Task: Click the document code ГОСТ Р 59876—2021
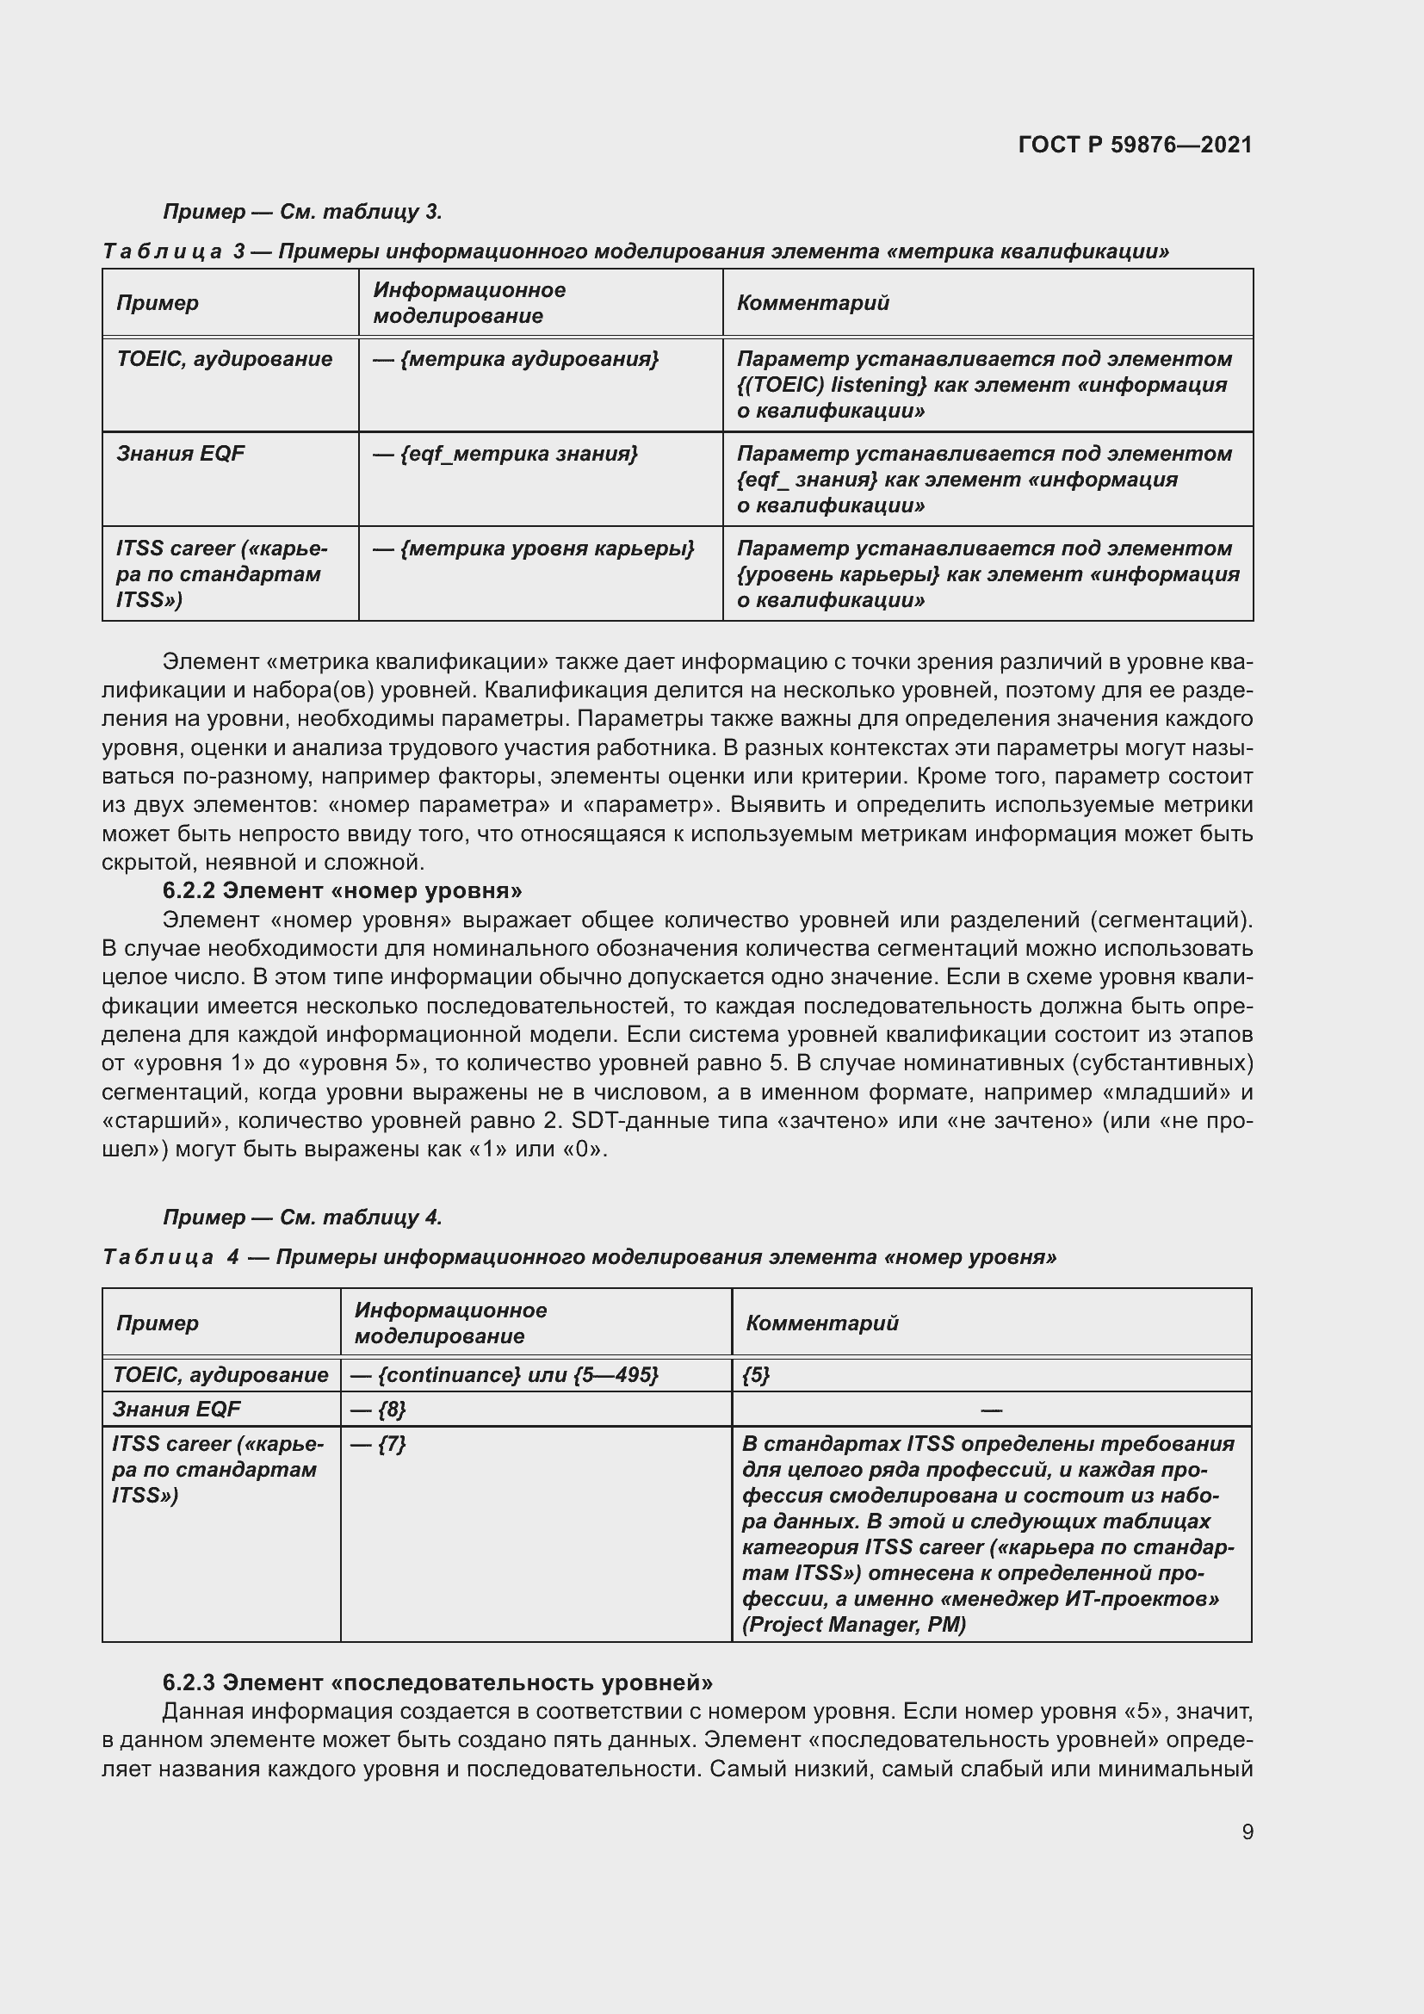point(1135,145)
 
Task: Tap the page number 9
point(1247,1831)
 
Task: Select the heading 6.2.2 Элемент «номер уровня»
point(342,890)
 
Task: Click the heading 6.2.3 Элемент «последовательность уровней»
point(436,1682)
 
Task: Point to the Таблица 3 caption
point(635,251)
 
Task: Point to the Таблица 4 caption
point(579,1257)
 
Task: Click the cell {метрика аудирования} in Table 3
point(516,359)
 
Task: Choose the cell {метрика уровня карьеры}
point(533,548)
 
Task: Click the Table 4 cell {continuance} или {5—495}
point(505,1374)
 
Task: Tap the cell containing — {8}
point(378,1409)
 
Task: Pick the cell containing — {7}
point(378,1444)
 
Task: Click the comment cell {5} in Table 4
point(756,1374)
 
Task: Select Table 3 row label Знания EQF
point(181,454)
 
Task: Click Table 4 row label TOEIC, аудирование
point(220,1374)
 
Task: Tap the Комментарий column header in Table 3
point(813,302)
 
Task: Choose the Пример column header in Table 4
point(157,1323)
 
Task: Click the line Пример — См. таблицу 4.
point(302,1217)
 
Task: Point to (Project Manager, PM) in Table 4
point(854,1625)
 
